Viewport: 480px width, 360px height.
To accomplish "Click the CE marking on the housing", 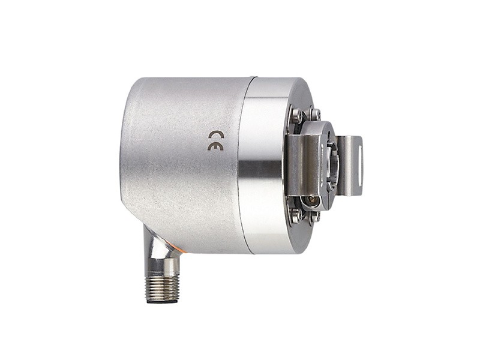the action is tap(216, 141).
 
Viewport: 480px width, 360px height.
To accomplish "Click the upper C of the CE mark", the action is tap(216, 136).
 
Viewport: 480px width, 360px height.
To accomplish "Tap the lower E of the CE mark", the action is tap(215, 146).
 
